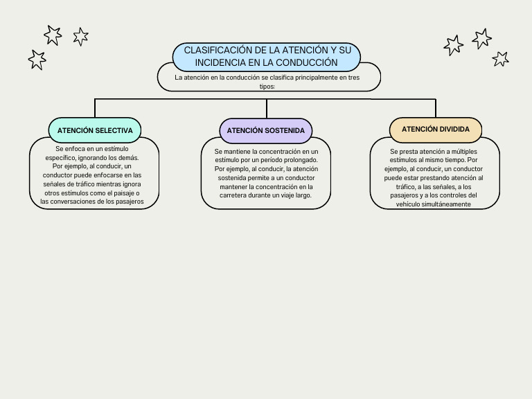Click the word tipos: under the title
coord(267,87)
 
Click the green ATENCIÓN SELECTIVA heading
coord(95,131)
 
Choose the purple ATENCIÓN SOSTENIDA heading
coord(266,131)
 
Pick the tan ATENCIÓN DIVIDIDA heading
coord(436,130)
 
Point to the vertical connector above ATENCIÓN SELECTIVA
coord(95,108)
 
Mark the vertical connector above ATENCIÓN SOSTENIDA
coord(267,109)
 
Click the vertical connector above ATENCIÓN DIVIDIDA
coord(436,108)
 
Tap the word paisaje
coord(123,193)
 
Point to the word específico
coord(61,158)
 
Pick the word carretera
coord(233,195)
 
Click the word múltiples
coord(464,152)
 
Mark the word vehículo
coord(408,204)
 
